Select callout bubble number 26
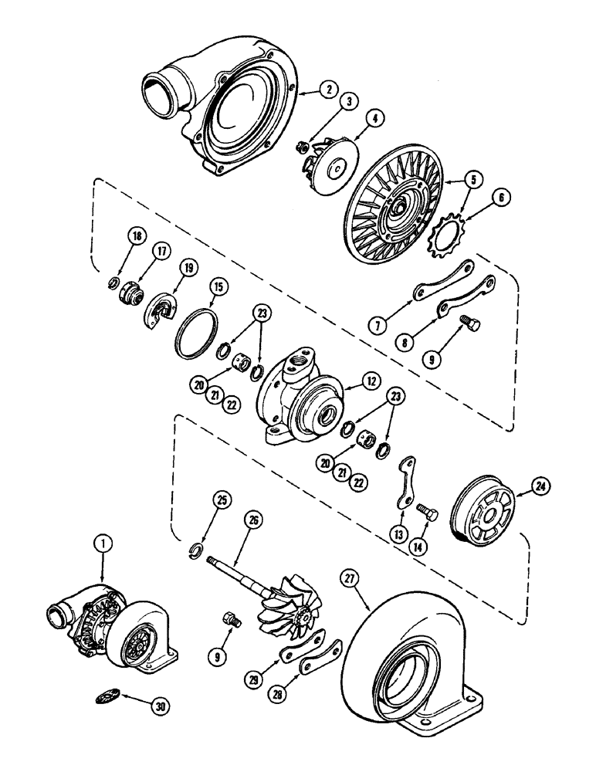tap(252, 519)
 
